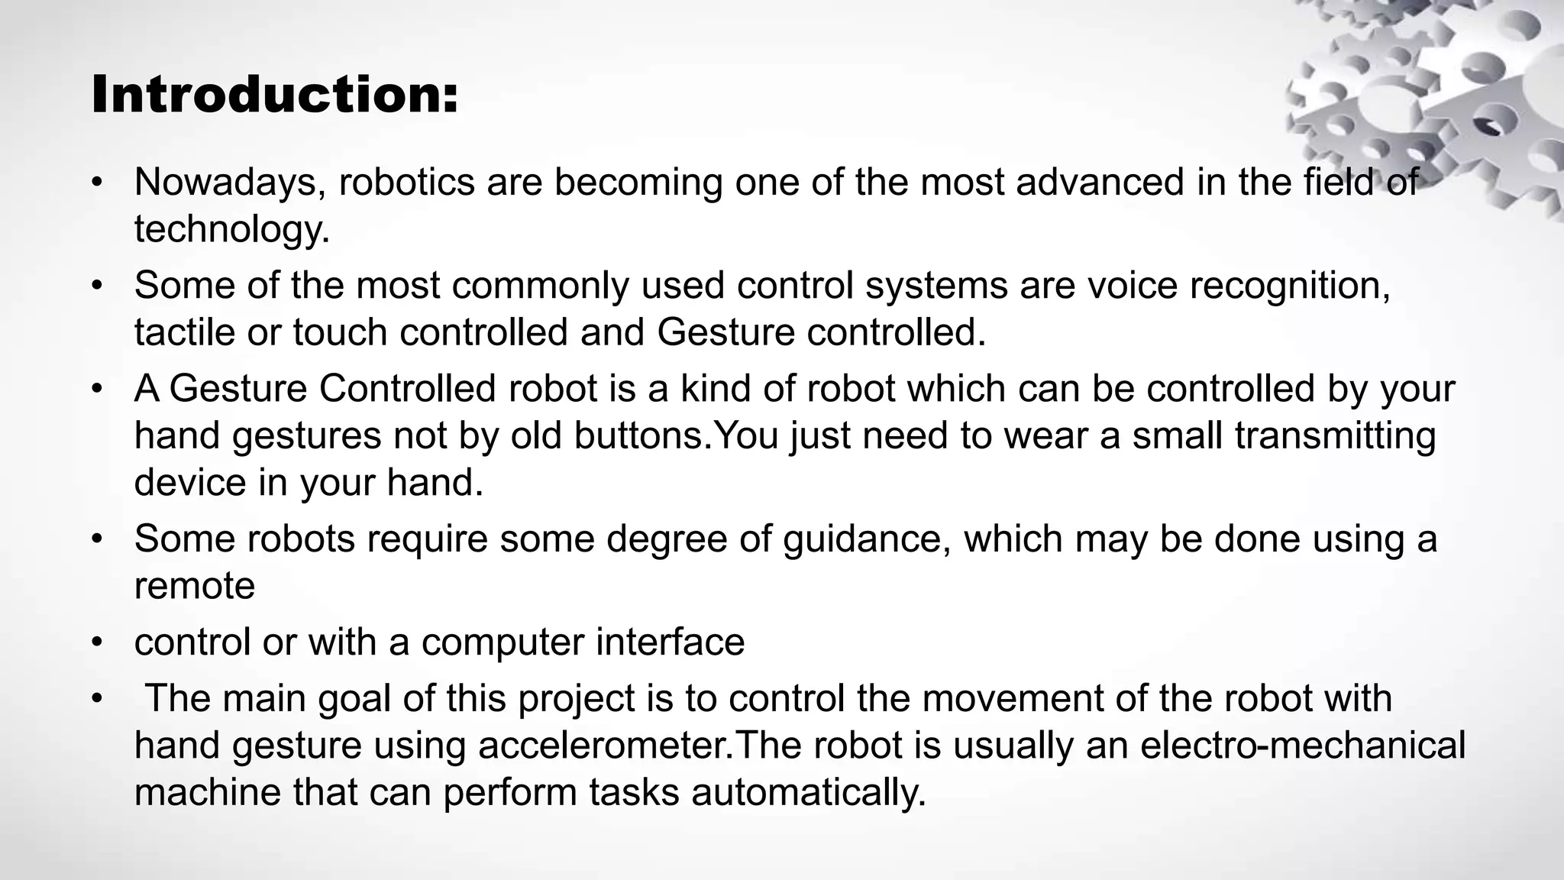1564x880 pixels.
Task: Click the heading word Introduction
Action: pos(274,95)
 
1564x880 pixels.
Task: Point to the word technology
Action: pos(231,229)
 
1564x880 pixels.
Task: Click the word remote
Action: pos(195,586)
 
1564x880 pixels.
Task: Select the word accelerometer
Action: pos(603,746)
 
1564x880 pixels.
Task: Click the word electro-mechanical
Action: pos(1303,745)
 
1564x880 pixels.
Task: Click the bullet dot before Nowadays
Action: pos(96,183)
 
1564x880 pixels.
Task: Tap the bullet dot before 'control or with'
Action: pos(96,642)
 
